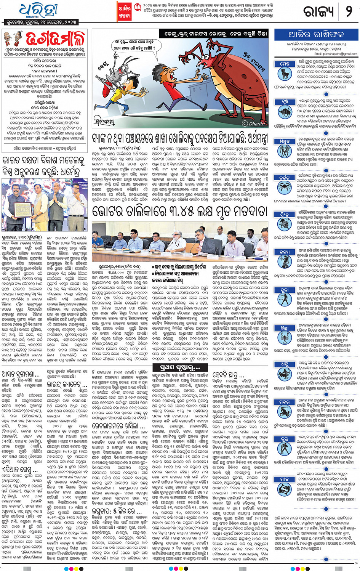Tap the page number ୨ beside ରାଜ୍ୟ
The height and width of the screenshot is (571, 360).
[349, 11]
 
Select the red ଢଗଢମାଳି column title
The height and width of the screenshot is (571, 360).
[56, 39]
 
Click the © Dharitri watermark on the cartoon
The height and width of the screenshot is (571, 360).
[255, 123]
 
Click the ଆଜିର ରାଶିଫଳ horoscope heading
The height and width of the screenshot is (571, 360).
[316, 35]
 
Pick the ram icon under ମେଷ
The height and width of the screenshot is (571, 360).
[285, 73]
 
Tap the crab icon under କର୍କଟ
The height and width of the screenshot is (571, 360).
[285, 186]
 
